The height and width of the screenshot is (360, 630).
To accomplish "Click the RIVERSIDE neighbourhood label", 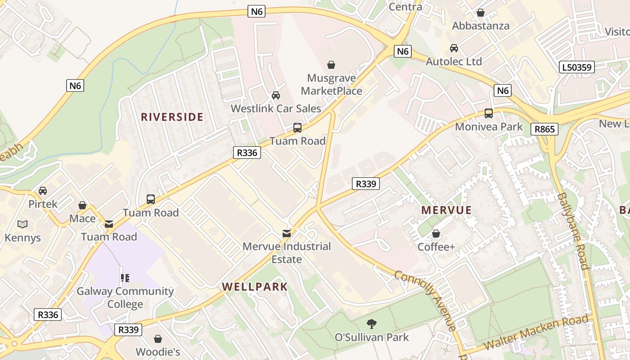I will coord(172,117).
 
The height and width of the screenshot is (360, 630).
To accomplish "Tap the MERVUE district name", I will coord(446,210).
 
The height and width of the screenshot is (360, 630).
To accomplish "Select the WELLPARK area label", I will coord(255,287).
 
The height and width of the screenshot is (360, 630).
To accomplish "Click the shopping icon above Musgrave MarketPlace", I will coord(331,65).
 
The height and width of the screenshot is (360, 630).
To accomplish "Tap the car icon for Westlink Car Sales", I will coord(276,95).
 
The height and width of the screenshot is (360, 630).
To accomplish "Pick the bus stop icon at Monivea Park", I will coord(489,113).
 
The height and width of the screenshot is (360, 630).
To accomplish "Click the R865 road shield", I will coord(544,130).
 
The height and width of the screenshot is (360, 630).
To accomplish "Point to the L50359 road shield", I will coord(577,68).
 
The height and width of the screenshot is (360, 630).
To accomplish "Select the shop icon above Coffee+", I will coord(436,234).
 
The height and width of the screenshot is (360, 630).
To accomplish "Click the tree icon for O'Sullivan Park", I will coord(371,323).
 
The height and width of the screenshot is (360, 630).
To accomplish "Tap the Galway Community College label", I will coord(125,297).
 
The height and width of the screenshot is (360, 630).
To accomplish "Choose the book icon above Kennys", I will coord(22,224).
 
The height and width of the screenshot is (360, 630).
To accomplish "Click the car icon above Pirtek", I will coord(43,191).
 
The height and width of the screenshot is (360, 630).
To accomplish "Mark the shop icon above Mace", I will coord(82,205).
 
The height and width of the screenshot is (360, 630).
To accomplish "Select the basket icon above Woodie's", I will coord(158,338).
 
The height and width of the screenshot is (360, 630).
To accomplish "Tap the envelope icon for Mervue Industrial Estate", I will coord(286,233).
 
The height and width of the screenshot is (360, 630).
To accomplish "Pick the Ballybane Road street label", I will coord(572,231).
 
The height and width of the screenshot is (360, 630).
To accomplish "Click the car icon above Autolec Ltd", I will coord(454,48).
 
